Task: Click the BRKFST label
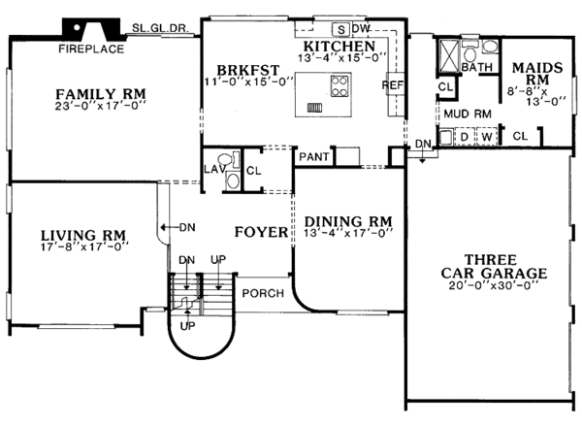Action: pos(239,70)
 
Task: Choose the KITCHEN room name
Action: pos(339,46)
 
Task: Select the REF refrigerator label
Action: pos(393,85)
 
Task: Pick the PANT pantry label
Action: pos(312,155)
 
